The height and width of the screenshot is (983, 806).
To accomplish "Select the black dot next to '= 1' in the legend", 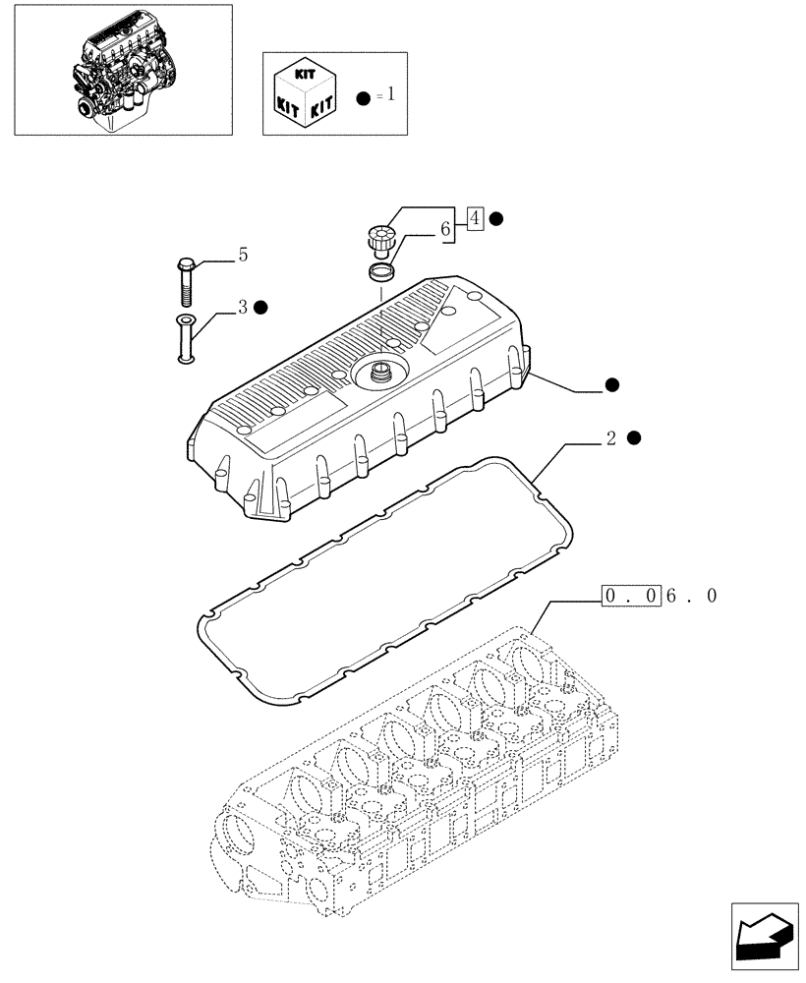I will pos(365,96).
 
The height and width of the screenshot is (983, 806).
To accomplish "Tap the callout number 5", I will pos(242,256).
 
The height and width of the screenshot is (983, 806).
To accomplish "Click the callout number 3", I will pos(242,308).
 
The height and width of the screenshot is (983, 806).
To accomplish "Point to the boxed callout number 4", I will pos(475,218).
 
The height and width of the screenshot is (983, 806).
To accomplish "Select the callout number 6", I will pos(445,229).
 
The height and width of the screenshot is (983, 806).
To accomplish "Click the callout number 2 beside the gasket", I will pos(610,438).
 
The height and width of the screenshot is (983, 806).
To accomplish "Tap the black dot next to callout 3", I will pos(260,308).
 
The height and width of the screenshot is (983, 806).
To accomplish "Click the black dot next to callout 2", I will pos(634,437).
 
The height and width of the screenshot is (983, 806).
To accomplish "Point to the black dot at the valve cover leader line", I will pos(612,384).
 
